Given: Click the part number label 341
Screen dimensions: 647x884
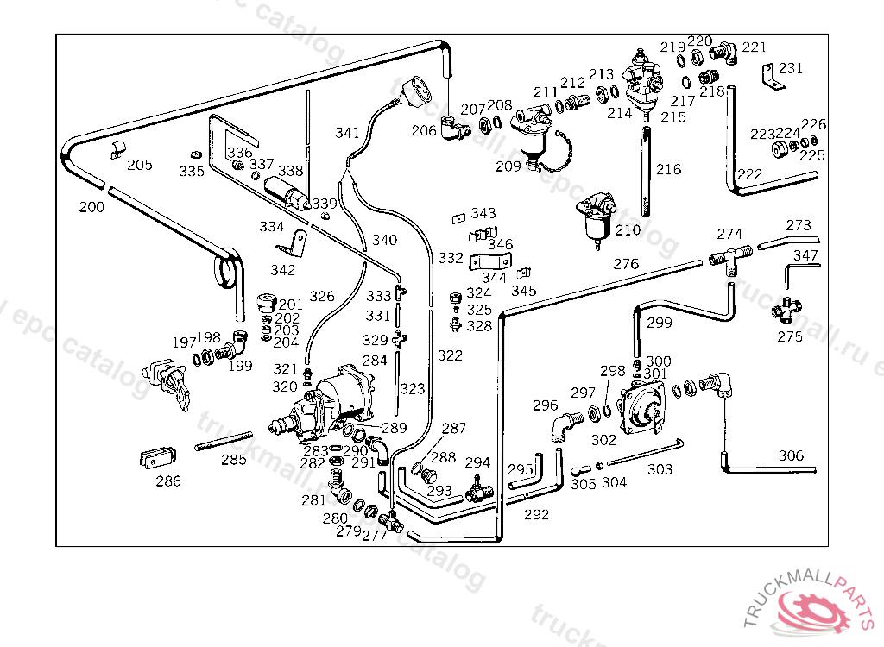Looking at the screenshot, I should click(347, 133).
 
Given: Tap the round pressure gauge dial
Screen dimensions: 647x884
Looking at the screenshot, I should click(419, 89).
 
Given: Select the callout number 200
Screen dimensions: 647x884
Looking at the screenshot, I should click(92, 207).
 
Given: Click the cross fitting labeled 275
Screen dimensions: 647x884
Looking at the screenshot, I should click(787, 308).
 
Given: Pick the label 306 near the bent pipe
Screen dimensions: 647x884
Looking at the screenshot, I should click(791, 455).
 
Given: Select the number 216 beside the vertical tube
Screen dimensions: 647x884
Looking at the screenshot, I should click(668, 169).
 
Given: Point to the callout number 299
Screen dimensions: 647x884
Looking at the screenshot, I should click(659, 323).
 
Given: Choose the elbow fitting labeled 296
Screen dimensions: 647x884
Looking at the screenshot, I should click(562, 424).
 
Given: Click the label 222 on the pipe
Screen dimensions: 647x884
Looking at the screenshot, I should click(749, 174).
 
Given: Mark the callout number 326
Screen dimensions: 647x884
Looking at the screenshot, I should click(322, 296).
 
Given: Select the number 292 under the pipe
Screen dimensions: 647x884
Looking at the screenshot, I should click(536, 515).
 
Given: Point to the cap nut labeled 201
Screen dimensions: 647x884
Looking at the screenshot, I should click(266, 303).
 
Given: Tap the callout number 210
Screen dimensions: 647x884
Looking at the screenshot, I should click(628, 229).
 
